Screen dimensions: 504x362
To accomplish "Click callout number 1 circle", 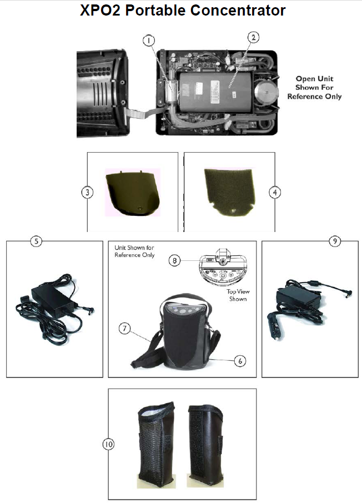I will (x=149, y=40).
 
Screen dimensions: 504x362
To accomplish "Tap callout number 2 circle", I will (x=253, y=38).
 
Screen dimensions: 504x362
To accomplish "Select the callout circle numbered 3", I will (x=87, y=192).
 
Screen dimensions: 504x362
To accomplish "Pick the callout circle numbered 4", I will (x=275, y=192).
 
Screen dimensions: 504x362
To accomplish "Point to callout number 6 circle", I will (x=239, y=360).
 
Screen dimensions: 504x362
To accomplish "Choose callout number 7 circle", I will (x=125, y=328).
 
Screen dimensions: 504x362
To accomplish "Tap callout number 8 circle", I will (x=175, y=260).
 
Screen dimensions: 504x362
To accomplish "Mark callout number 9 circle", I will (x=334, y=241).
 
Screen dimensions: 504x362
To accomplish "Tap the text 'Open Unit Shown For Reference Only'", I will (x=314, y=88).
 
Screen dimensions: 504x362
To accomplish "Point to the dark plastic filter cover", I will (x=131, y=192).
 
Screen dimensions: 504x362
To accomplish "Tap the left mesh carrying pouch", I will (x=153, y=445).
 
